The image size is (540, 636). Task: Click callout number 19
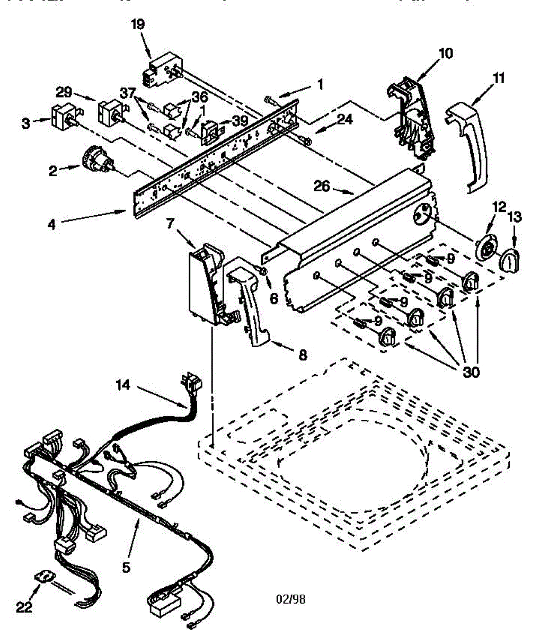pos(139,24)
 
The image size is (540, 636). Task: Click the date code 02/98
pos(291,599)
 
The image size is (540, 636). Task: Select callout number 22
pos(24,607)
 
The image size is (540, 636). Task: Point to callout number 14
pos(122,385)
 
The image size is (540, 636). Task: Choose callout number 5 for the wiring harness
pos(126,567)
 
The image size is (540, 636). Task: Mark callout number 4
pos(51,224)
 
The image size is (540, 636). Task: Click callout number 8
pos(303,356)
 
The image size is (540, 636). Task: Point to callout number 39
pos(240,121)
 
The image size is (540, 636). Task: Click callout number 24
pos(344,120)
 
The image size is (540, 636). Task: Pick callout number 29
pos(65,92)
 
